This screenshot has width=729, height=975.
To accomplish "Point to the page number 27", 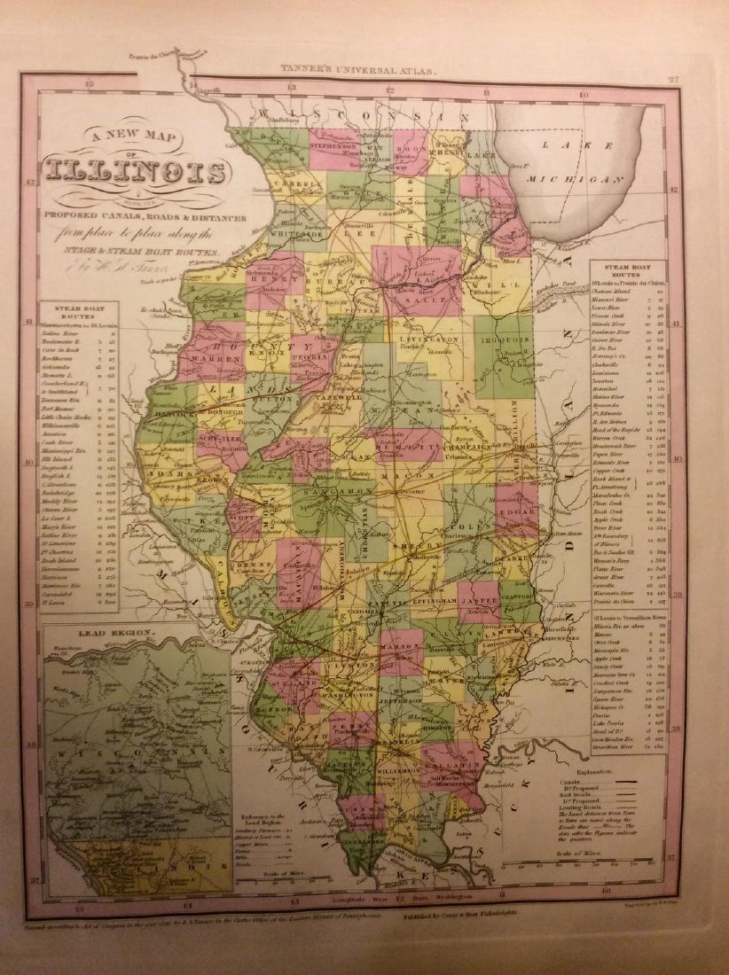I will point(673,79).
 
